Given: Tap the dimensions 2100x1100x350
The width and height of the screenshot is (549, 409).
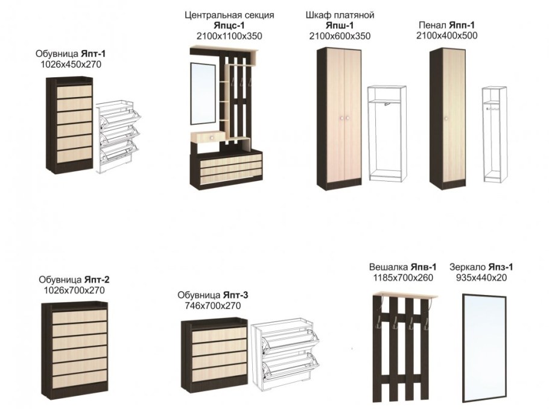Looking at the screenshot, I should pyautogui.click(x=229, y=36).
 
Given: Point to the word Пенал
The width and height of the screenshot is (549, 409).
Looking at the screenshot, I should pyautogui.click(x=432, y=25).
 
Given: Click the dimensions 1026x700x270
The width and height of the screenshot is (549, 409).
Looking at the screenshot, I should pyautogui.click(x=74, y=290).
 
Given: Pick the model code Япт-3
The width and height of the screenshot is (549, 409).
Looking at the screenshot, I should pyautogui.click(x=235, y=295).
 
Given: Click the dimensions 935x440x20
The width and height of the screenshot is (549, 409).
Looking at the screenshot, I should pyautogui.click(x=481, y=277).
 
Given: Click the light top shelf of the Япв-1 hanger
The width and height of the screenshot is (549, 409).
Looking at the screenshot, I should pyautogui.click(x=404, y=296).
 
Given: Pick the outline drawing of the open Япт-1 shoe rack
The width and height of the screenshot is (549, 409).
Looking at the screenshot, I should pyautogui.click(x=118, y=135).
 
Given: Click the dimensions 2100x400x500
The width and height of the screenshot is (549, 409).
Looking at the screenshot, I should pyautogui.click(x=446, y=36).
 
